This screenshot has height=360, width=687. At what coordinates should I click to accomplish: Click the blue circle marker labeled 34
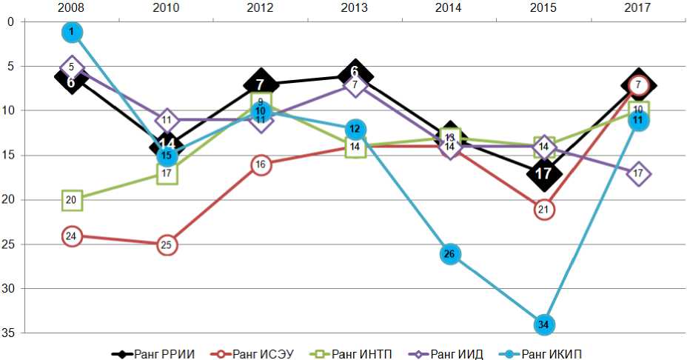543,324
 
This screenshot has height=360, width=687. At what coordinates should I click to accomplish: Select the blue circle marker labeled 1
72,32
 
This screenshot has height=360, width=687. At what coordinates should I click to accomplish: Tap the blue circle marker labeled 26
449,254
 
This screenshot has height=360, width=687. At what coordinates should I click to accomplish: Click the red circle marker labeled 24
72,236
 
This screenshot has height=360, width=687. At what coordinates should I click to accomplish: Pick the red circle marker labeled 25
167,244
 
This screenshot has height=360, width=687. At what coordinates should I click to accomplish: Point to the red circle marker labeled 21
543,210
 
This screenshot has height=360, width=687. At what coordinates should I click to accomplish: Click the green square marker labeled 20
72,200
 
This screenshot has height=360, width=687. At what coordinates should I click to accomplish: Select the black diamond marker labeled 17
543,173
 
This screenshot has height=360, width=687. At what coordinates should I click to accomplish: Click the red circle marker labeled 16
261,164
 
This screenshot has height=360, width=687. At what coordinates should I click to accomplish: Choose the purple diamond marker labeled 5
72,67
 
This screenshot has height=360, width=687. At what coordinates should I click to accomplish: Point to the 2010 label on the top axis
167,8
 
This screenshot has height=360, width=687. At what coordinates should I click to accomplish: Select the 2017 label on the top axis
637,8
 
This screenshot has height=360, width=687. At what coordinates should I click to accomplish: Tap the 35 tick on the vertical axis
11,333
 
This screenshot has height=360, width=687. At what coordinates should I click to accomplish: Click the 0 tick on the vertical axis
11,21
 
